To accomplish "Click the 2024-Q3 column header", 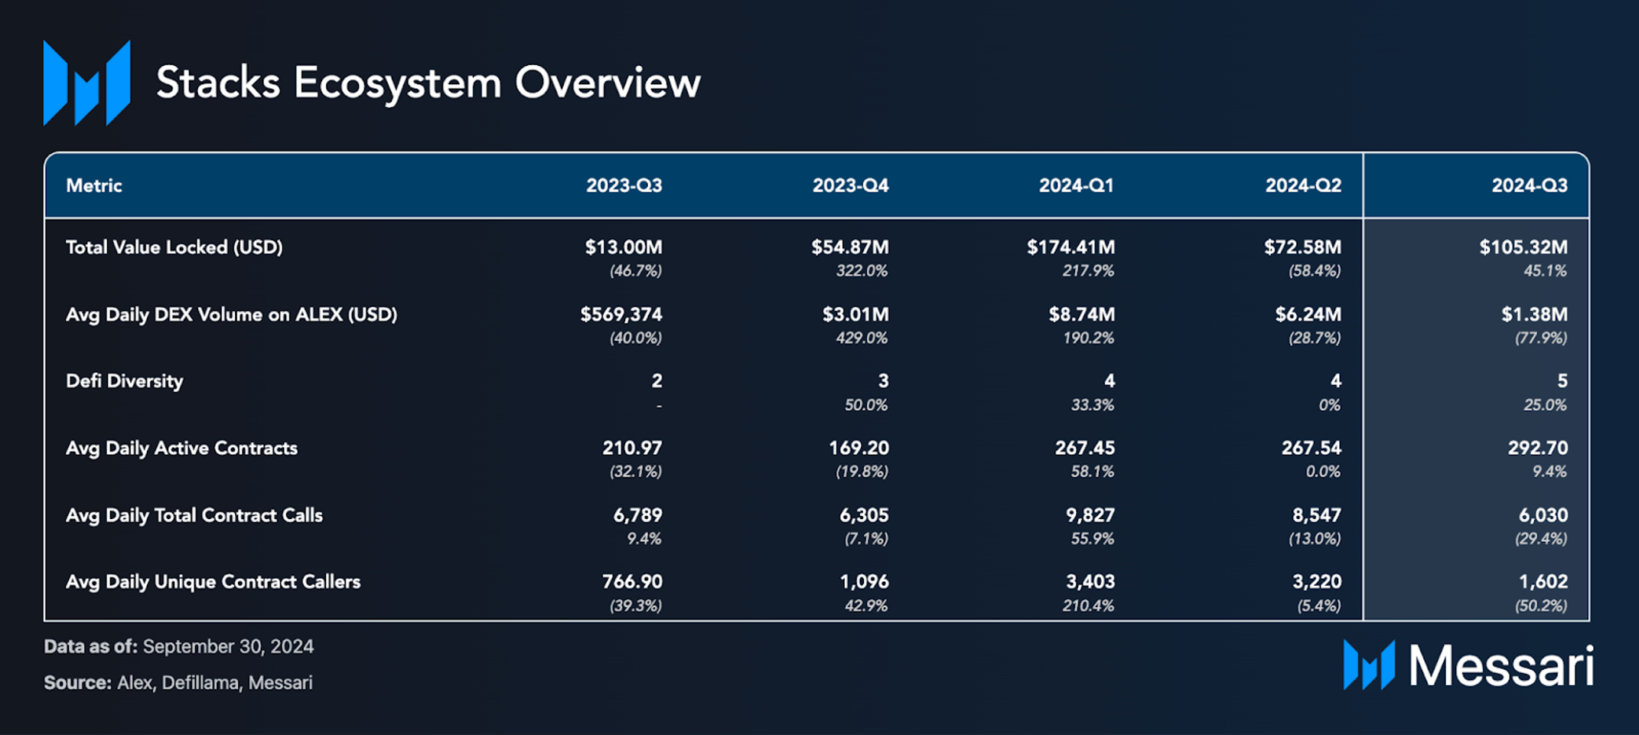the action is [x=1529, y=185].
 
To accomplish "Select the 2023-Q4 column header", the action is [x=850, y=185].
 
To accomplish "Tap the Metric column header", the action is [x=94, y=185].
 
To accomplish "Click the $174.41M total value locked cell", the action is [x=1070, y=247].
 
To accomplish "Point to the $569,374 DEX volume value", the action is [x=621, y=315].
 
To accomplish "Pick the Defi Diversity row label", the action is [x=125, y=381].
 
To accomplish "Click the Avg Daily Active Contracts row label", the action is [x=181, y=449].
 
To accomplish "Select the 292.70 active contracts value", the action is [x=1537, y=448].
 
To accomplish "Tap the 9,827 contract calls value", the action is [x=1090, y=515].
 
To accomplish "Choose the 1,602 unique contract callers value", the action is [x=1543, y=582].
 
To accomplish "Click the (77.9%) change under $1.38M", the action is [x=1541, y=338].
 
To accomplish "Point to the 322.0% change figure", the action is [x=862, y=270].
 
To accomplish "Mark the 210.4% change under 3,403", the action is [x=1088, y=606].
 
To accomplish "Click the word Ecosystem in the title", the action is [x=398, y=83].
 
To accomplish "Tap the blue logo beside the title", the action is [x=86, y=83].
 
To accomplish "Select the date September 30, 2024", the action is [x=228, y=647].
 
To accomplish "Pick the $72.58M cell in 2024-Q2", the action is [x=1302, y=247].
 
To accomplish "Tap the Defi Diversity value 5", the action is [x=1562, y=381].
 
